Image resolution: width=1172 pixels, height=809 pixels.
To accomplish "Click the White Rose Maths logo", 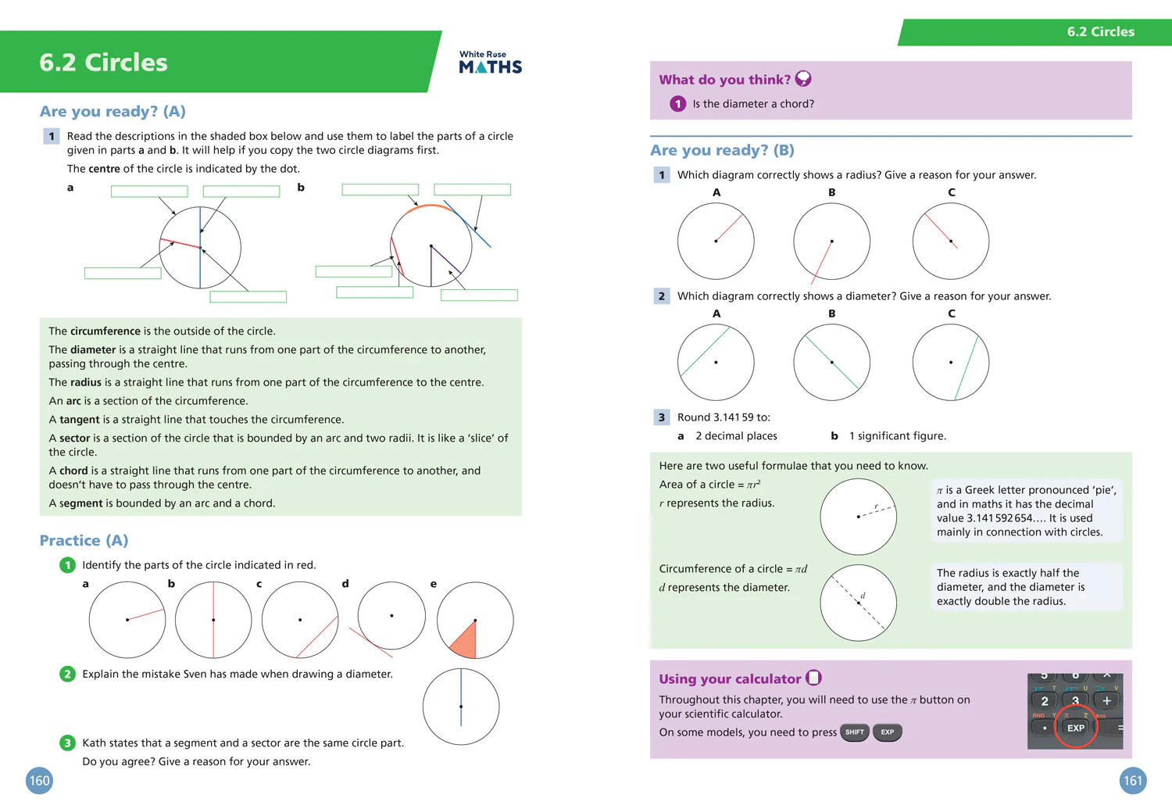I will pyautogui.click(x=490, y=63).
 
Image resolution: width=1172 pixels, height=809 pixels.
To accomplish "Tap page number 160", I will pyautogui.click(x=39, y=780).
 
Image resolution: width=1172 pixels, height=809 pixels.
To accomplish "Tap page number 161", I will pyautogui.click(x=1132, y=780).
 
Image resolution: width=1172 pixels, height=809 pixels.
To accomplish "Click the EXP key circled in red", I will pyautogui.click(x=1075, y=728).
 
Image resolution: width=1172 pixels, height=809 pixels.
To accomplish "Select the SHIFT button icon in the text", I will pyautogui.click(x=854, y=732).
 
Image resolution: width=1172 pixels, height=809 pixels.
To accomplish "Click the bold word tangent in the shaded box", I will pyautogui.click(x=79, y=420).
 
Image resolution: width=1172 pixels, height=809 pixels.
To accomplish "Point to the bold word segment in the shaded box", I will pyautogui.click(x=80, y=503).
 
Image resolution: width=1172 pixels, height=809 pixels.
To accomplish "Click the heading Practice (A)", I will pyautogui.click(x=84, y=540).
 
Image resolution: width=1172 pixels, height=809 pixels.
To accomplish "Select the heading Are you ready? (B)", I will pyautogui.click(x=722, y=150).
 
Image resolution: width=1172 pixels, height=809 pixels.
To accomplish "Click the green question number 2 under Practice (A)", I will pyautogui.click(x=67, y=674).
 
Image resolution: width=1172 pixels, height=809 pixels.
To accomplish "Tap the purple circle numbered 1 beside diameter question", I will pyautogui.click(x=677, y=104).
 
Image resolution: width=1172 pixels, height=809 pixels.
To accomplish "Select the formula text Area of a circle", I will pyautogui.click(x=696, y=485).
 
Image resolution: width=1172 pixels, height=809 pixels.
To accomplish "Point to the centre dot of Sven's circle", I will pyautogui.click(x=461, y=707).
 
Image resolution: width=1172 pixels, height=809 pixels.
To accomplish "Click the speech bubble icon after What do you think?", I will pyautogui.click(x=803, y=79).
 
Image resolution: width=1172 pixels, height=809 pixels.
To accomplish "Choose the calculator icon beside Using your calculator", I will pyautogui.click(x=813, y=678).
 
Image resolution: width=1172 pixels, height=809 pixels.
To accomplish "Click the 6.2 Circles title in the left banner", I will pyautogui.click(x=103, y=63).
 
